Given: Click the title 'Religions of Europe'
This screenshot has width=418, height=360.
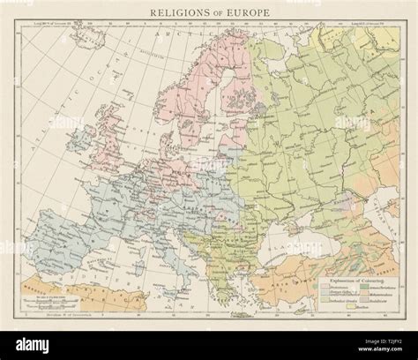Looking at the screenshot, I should (209, 12).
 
